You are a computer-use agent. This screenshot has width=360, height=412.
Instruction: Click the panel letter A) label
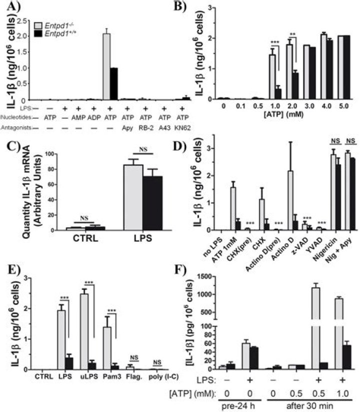[10, 9]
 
